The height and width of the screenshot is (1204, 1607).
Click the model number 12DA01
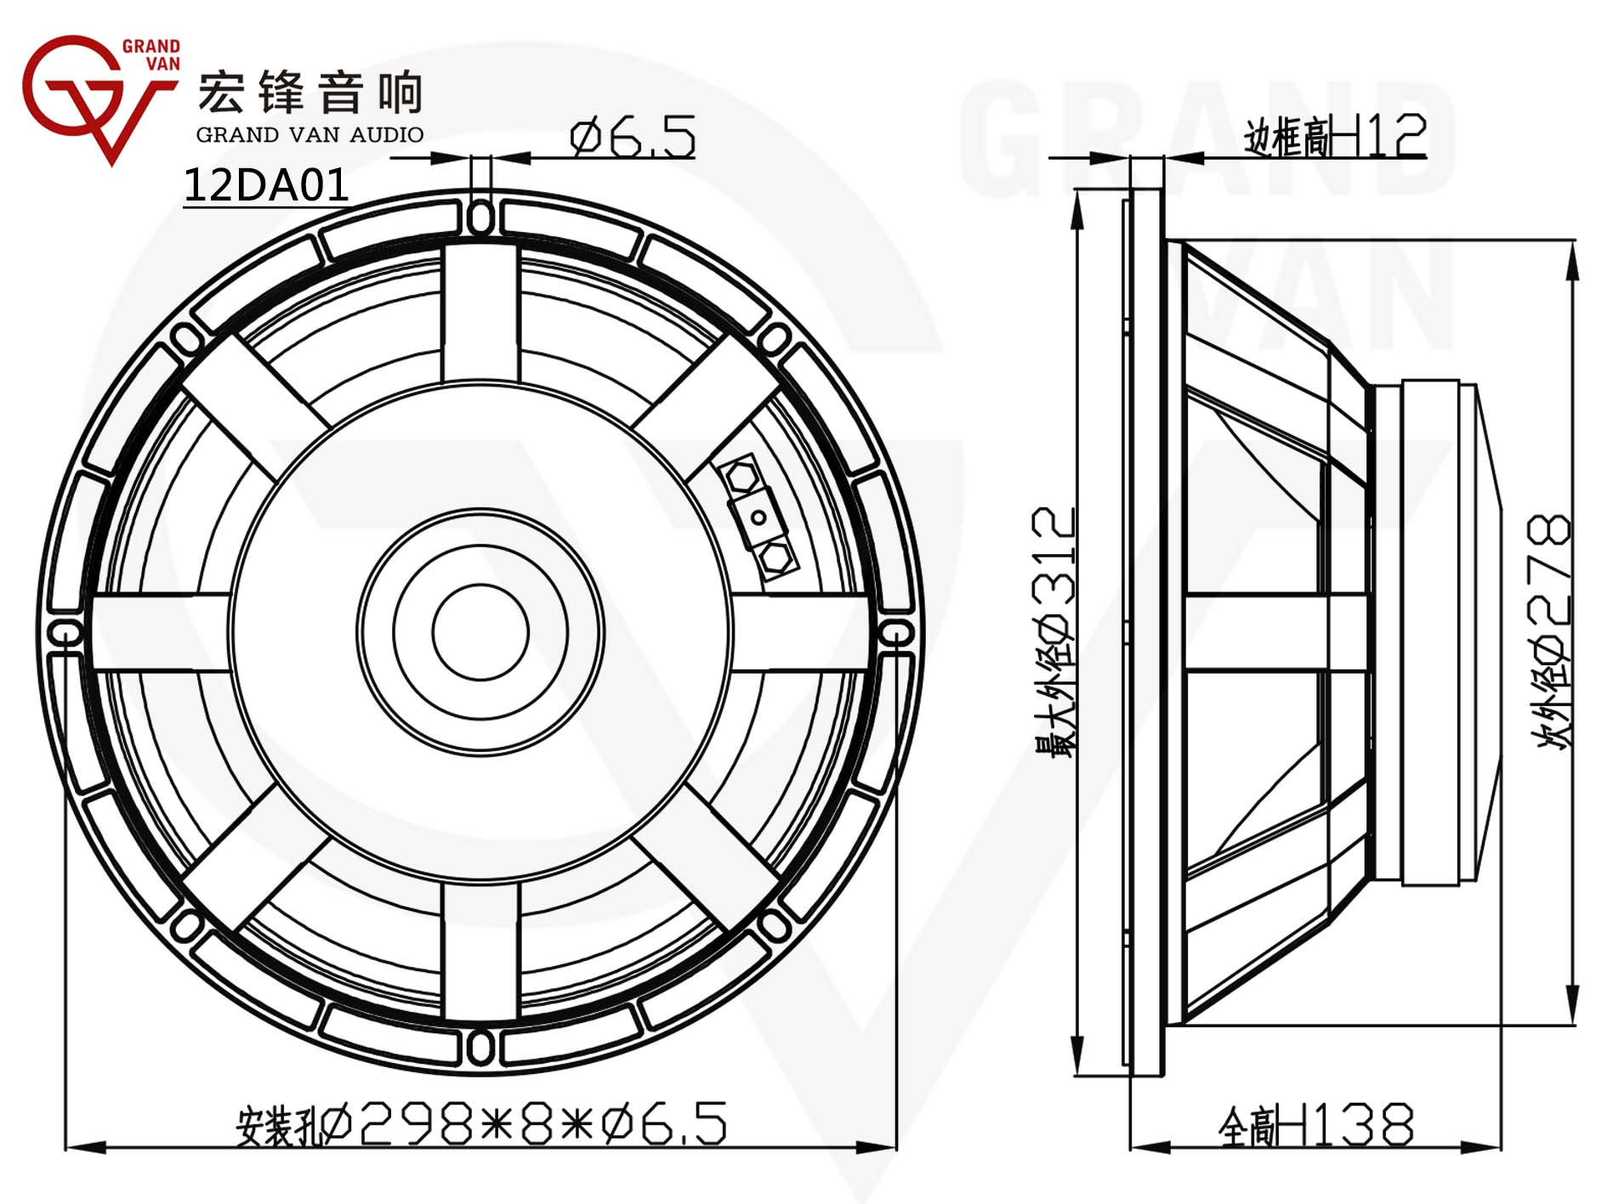266,184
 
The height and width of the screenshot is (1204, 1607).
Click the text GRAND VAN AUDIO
309,134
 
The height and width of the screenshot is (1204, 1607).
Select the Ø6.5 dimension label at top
633,138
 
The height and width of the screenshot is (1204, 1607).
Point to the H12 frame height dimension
1335,136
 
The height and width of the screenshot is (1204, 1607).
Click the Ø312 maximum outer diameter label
1055,632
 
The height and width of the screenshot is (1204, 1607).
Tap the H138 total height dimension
1316,1124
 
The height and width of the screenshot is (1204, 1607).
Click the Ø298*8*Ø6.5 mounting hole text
481,1123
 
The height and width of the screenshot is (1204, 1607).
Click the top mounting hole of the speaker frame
480,217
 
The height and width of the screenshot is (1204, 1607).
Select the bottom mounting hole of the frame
480,1048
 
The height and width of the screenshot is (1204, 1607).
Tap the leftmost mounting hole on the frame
65,633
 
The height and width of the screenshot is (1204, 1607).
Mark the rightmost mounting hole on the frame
895,633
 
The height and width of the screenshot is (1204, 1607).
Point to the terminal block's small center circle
759,516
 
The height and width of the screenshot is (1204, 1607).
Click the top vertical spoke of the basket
480,313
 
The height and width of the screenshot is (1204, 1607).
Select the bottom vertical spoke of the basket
480,950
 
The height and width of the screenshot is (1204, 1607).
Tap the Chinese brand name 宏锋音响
310,92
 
